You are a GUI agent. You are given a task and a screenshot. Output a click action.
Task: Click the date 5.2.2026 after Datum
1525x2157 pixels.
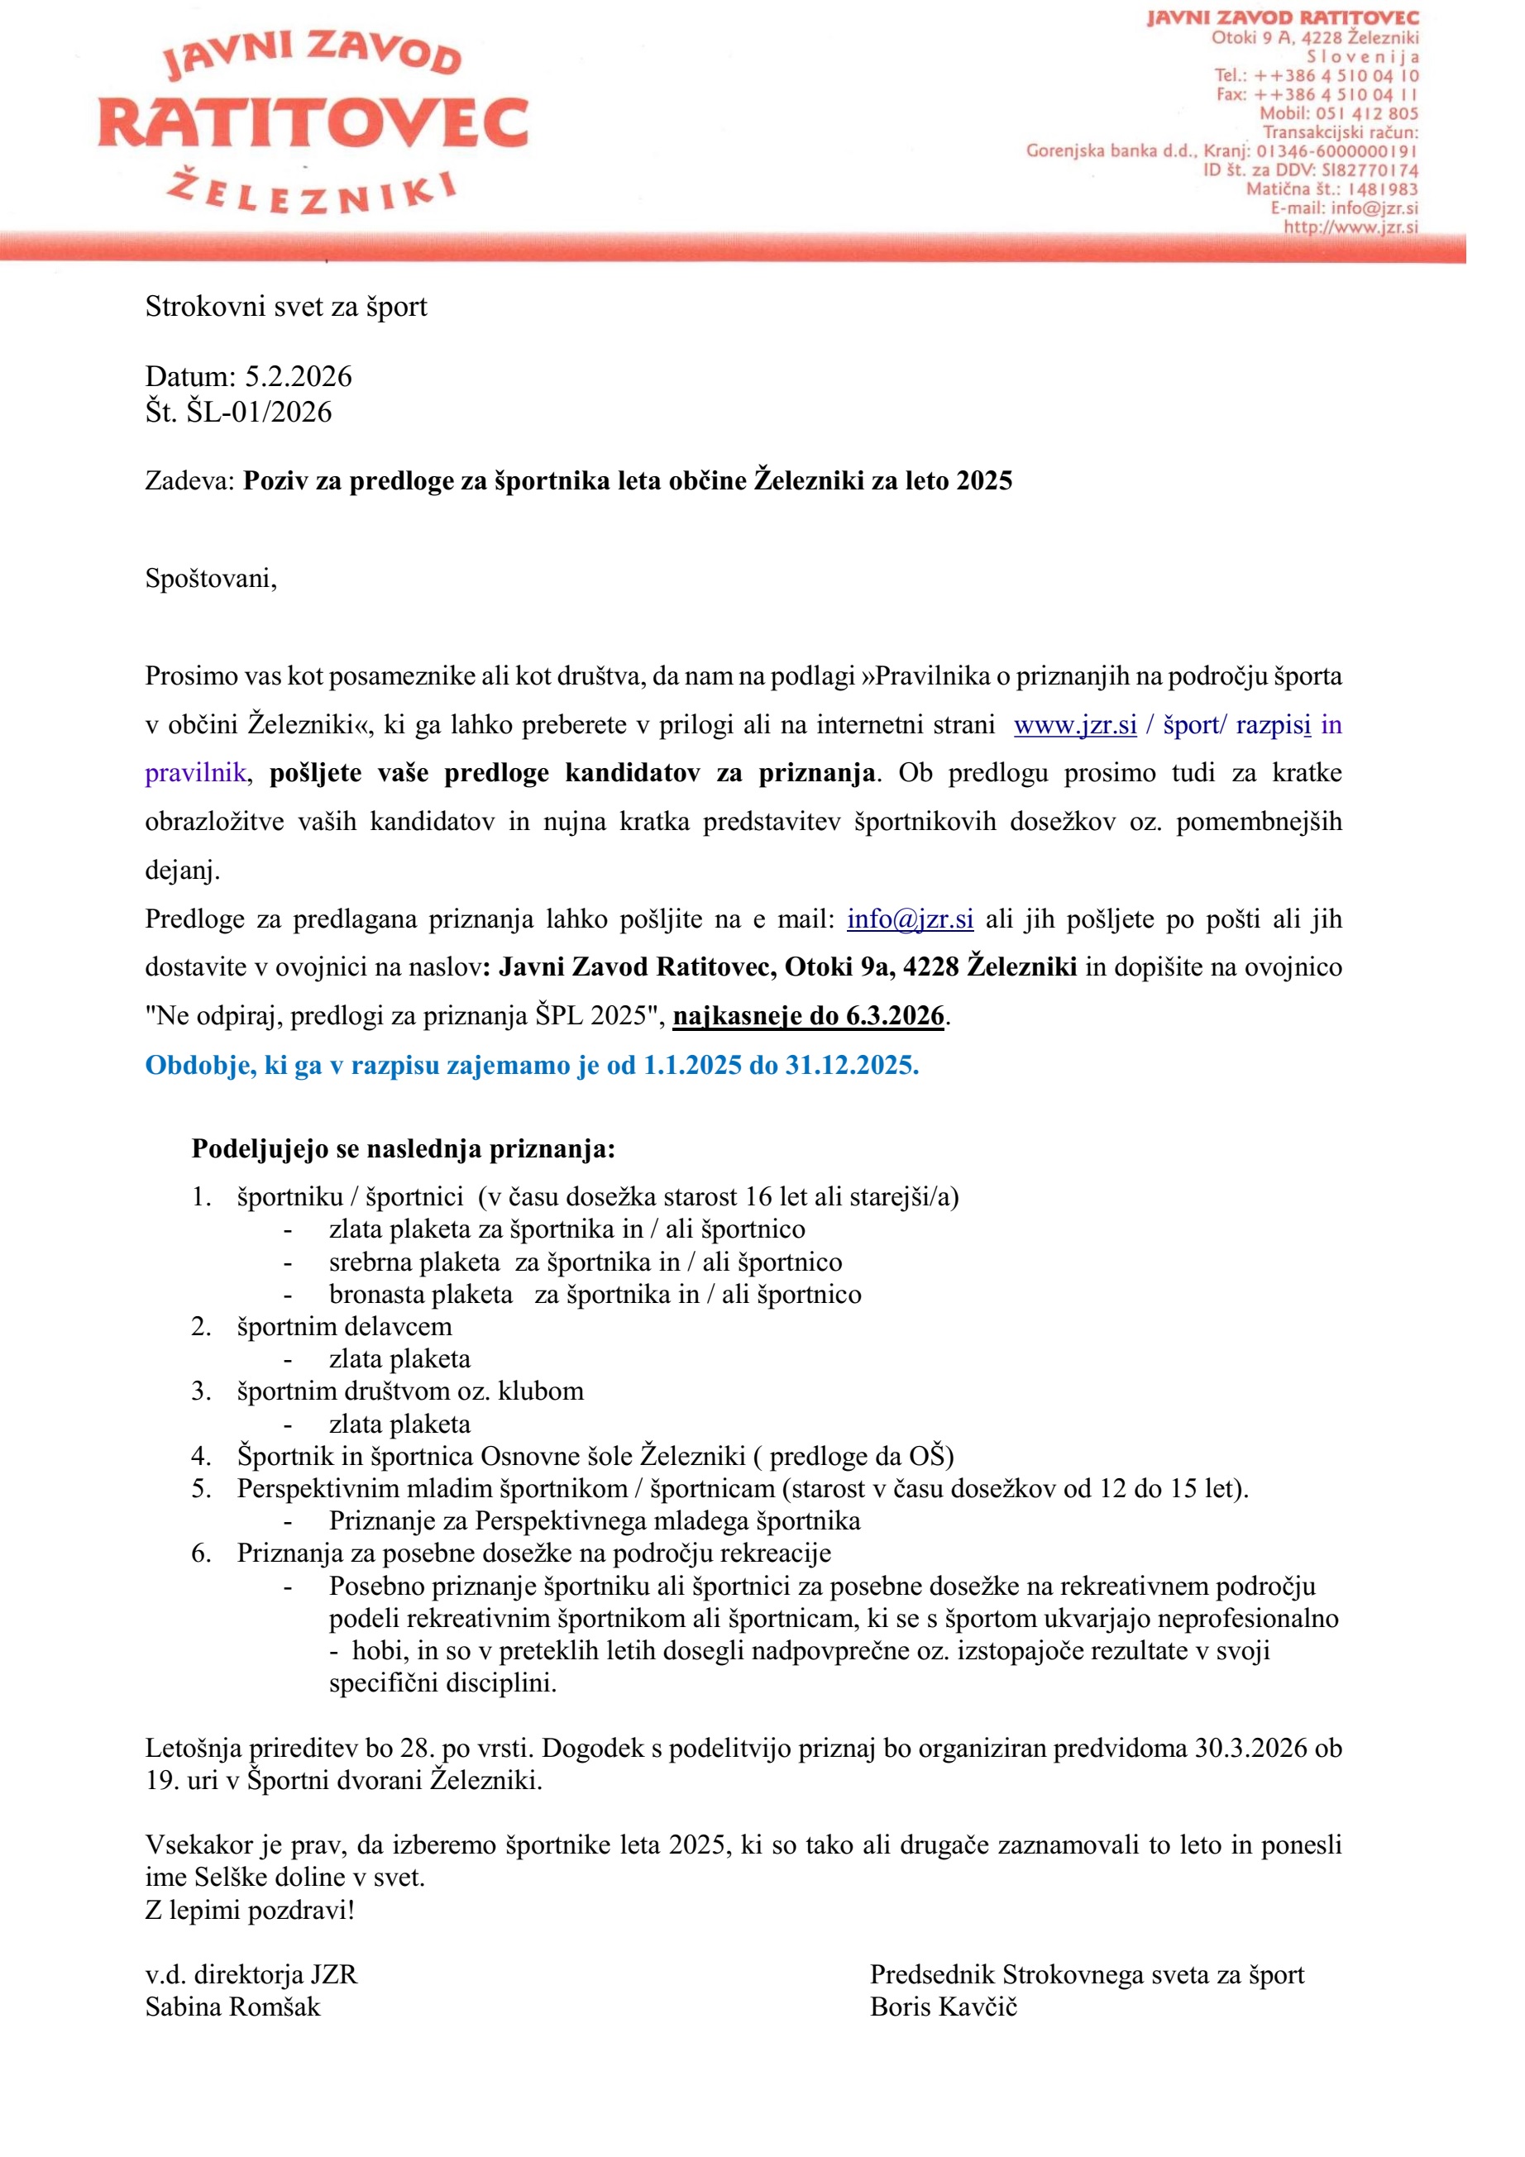click(x=298, y=377)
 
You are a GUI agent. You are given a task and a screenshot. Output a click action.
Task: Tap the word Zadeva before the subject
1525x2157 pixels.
click(x=188, y=481)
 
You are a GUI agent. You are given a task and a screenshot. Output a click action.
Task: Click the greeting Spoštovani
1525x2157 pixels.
click(x=211, y=578)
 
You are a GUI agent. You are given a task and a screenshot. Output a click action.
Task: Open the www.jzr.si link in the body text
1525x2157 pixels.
click(x=1075, y=725)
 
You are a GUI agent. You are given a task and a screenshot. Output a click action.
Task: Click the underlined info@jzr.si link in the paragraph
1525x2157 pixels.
click(x=910, y=919)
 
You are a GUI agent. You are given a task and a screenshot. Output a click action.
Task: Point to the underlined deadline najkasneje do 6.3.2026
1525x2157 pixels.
click(x=808, y=1015)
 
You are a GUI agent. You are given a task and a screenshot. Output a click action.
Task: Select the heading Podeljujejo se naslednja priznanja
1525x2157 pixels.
click(x=403, y=1148)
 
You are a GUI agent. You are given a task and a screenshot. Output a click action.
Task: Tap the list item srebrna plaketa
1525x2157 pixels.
click(x=414, y=1262)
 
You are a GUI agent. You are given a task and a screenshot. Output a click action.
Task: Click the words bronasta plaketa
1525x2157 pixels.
click(x=421, y=1295)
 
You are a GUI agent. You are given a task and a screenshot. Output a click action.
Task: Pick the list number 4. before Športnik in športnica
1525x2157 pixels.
click(x=201, y=1456)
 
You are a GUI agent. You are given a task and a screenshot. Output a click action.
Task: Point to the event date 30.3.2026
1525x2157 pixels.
click(x=1250, y=1749)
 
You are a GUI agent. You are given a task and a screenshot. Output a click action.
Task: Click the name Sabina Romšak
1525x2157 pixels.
click(x=232, y=2007)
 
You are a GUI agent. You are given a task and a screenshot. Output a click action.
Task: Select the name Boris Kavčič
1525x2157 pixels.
click(x=944, y=2007)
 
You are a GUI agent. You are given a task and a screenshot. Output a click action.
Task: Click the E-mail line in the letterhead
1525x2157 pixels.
click(x=1344, y=208)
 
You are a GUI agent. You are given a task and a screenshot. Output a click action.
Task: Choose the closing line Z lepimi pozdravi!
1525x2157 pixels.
click(x=250, y=1910)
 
